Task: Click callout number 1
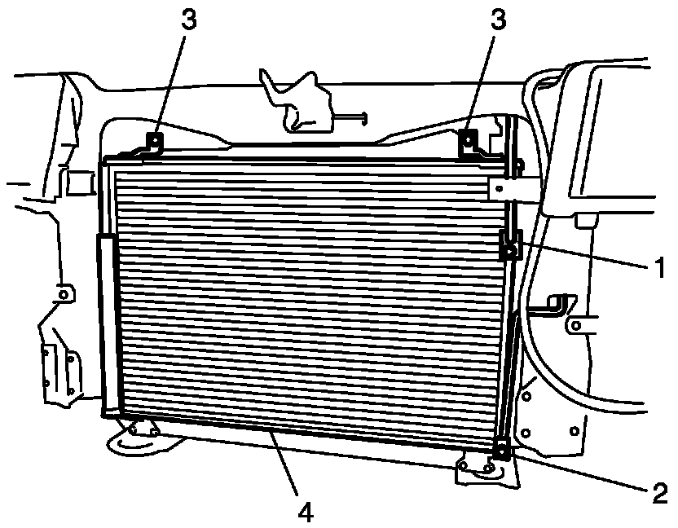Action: point(660,268)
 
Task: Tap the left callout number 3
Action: point(188,19)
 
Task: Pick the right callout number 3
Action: point(498,19)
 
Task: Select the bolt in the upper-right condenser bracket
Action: point(468,139)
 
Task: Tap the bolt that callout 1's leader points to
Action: point(511,250)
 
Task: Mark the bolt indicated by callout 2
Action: point(501,452)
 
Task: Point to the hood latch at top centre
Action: point(297,101)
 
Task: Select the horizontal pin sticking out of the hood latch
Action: point(351,117)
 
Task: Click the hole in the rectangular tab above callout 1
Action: point(499,188)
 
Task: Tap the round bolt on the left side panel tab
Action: point(64,294)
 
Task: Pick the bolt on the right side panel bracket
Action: point(576,325)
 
